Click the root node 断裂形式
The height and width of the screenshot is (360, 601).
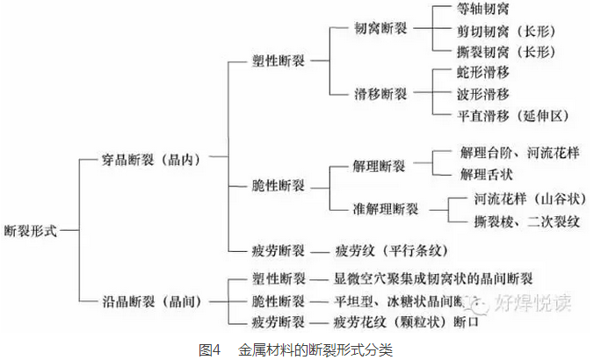click(x=31, y=231)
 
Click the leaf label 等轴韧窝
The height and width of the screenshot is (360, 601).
click(x=483, y=10)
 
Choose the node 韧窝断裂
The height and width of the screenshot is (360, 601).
click(x=380, y=30)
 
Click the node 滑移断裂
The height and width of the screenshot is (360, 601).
click(x=380, y=92)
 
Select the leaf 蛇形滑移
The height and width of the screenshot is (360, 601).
click(x=483, y=73)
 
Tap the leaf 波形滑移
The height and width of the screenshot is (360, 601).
click(x=483, y=93)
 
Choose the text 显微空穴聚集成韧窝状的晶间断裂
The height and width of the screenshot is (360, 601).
click(x=433, y=279)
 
